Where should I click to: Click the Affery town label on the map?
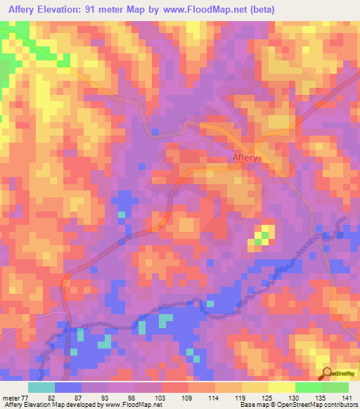[x=245, y=158]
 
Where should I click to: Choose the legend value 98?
[x=129, y=397]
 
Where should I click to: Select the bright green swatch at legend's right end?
[x=335, y=387]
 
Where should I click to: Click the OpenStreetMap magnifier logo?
[x=326, y=374]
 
